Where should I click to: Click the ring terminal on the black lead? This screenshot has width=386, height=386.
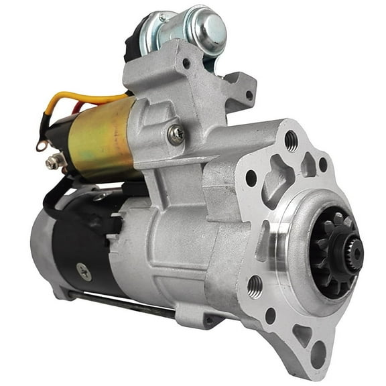pyautogui.click(x=42, y=143)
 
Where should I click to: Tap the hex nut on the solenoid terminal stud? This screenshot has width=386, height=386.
pyautogui.click(x=53, y=162)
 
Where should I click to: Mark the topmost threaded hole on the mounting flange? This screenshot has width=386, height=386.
pyautogui.click(x=291, y=140)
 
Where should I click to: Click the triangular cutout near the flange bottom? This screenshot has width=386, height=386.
pyautogui.click(x=302, y=333)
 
